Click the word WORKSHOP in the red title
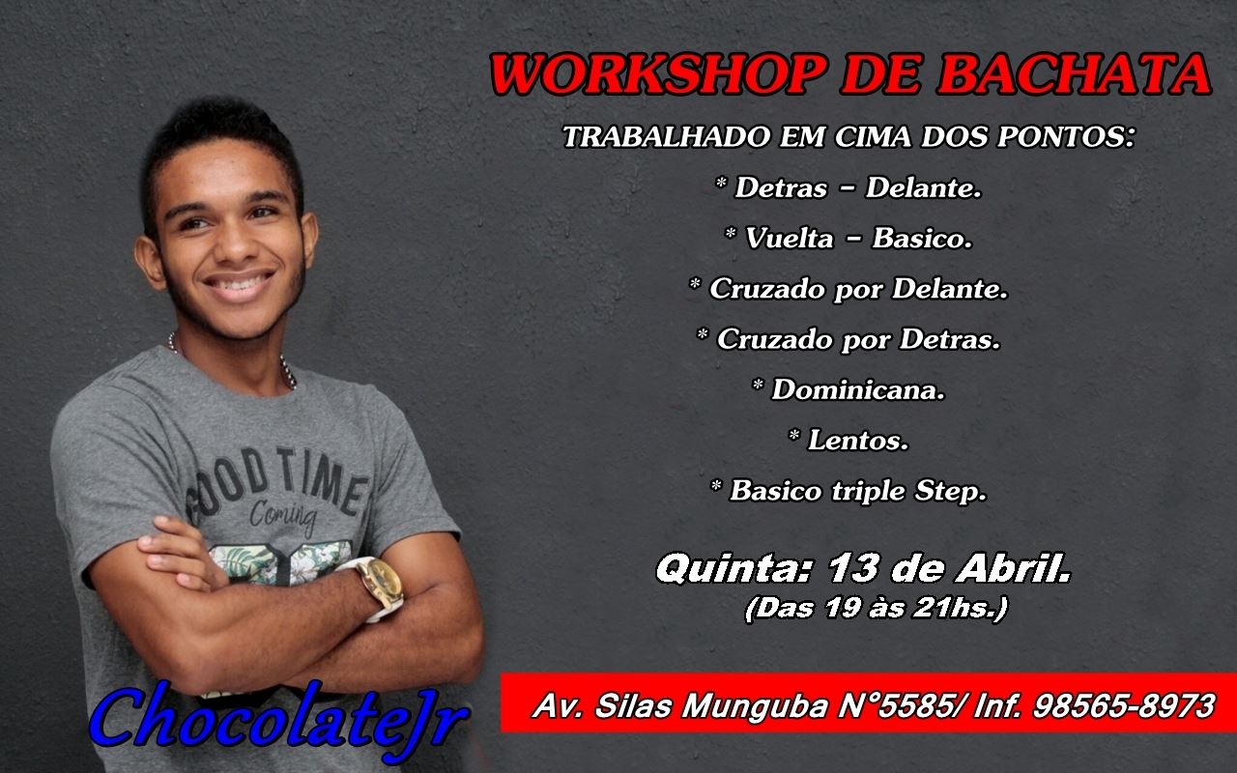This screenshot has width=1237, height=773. [x=659, y=74]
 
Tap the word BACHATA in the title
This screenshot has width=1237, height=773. [x=1075, y=74]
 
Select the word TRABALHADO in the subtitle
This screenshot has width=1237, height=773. [x=667, y=136]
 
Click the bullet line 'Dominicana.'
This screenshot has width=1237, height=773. [x=849, y=389]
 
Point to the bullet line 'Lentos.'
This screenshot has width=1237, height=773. [x=849, y=440]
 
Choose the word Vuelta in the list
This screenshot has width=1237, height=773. [x=790, y=238]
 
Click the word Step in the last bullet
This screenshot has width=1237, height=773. [x=950, y=491]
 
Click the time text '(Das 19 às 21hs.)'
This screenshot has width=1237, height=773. [x=877, y=608]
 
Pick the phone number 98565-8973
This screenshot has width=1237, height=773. [x=1124, y=705]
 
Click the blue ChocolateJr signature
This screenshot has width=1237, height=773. [x=279, y=722]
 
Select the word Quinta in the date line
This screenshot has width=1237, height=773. [x=734, y=568]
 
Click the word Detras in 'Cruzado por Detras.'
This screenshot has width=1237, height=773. [x=950, y=339]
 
